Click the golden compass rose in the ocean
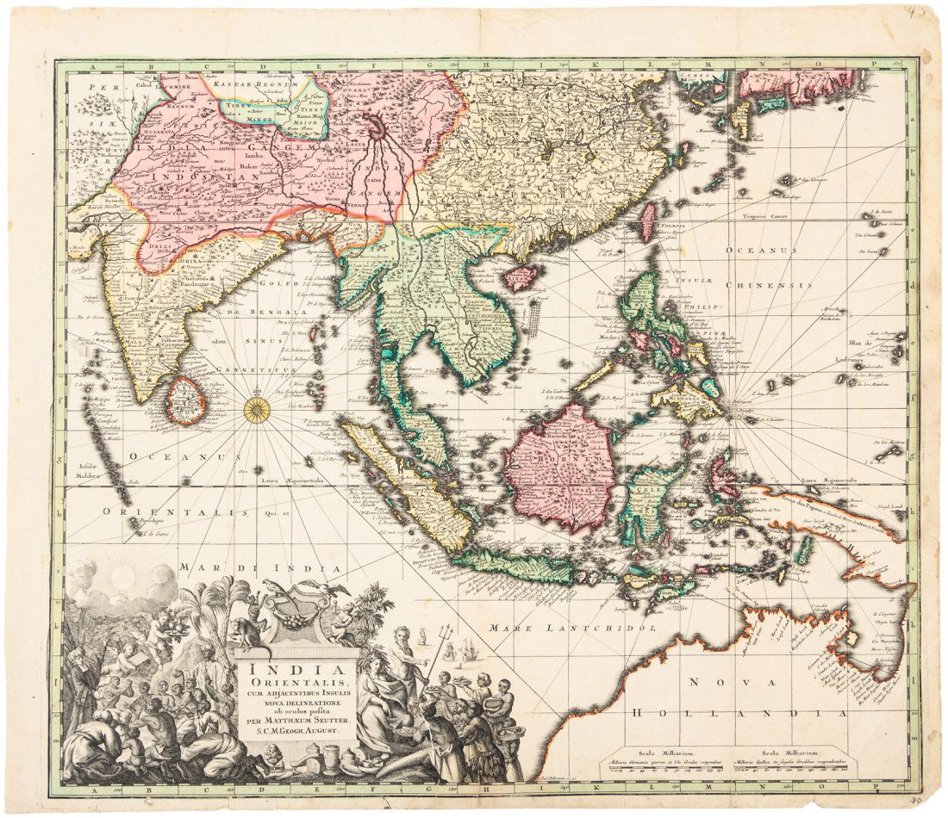257,410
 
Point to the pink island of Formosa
646,220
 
